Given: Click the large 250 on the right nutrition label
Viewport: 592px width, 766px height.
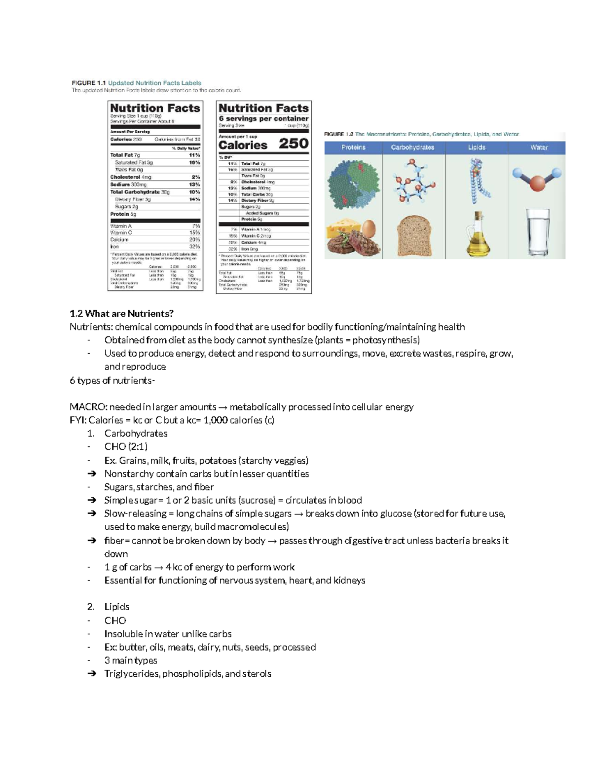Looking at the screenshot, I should point(294,144).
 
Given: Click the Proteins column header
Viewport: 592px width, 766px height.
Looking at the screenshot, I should point(353,147).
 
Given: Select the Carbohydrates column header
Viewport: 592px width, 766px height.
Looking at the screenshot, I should point(412,147).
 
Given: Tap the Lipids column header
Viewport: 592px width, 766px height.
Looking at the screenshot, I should point(477,147).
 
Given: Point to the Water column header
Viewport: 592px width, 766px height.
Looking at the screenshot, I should point(539,147).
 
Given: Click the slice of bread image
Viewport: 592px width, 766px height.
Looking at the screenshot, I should point(414,235).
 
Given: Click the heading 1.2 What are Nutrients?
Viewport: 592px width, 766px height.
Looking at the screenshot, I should point(121,314).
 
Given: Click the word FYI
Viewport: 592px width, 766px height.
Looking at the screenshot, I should point(77,420).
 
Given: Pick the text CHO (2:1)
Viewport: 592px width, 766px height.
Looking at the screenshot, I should point(126,447).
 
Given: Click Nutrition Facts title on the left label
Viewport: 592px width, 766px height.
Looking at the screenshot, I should point(155,108).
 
